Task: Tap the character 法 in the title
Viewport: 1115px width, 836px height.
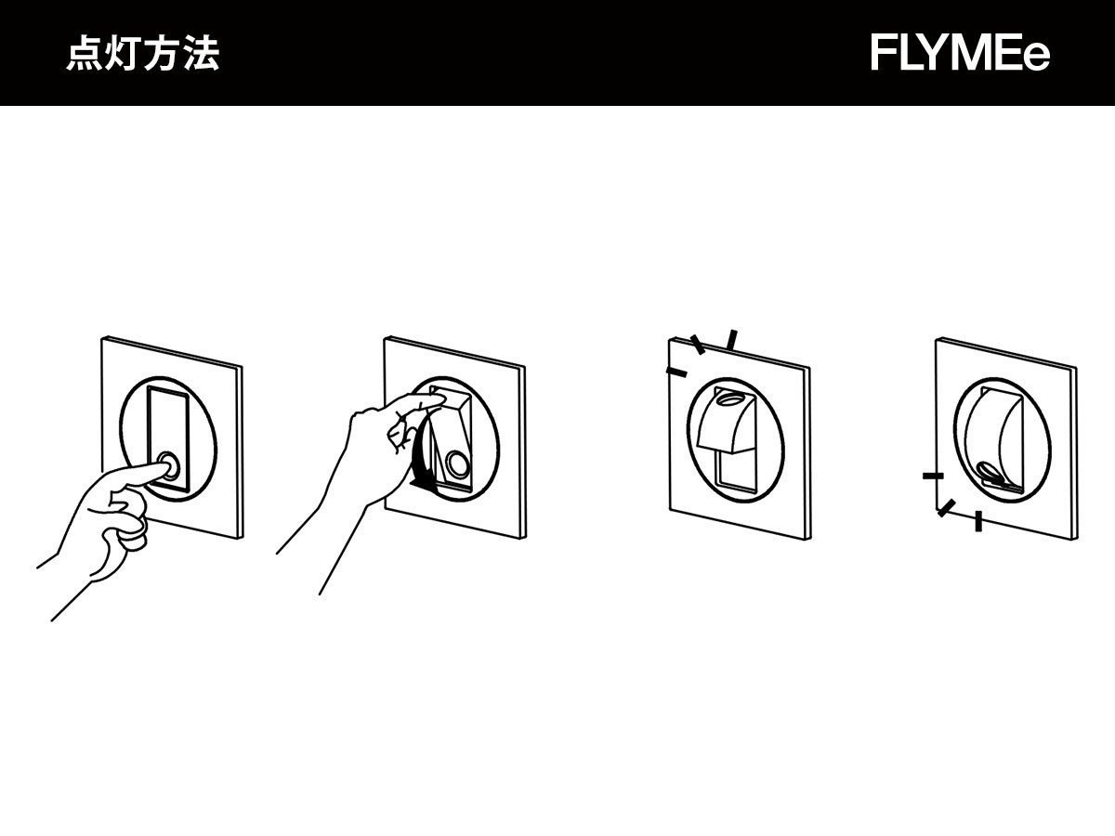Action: click(202, 55)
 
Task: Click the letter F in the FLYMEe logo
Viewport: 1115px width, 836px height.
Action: click(885, 54)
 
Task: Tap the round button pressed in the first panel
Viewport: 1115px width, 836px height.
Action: click(170, 464)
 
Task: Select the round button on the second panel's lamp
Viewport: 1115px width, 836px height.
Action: click(456, 463)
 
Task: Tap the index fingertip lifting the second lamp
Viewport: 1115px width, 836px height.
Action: click(435, 397)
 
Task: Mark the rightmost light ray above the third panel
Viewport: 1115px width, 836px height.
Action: click(732, 340)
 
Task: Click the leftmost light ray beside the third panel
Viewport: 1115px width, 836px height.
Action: click(676, 372)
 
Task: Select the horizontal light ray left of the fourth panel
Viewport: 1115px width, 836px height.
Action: click(933, 476)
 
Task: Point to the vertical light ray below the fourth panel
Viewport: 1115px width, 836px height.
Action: click(978, 521)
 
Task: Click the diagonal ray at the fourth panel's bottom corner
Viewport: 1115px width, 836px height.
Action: click(946, 508)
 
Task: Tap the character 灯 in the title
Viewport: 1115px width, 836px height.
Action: click(124, 55)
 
